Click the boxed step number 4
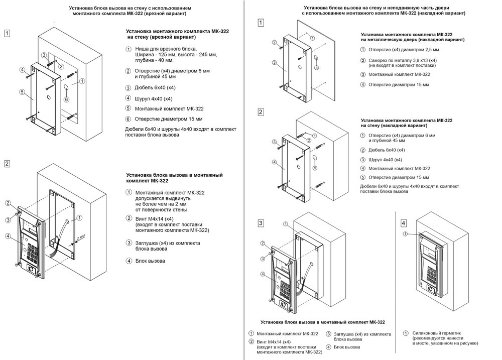coord(404,223)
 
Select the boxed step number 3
coord(261,223)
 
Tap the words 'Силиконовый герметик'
coord(435,333)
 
